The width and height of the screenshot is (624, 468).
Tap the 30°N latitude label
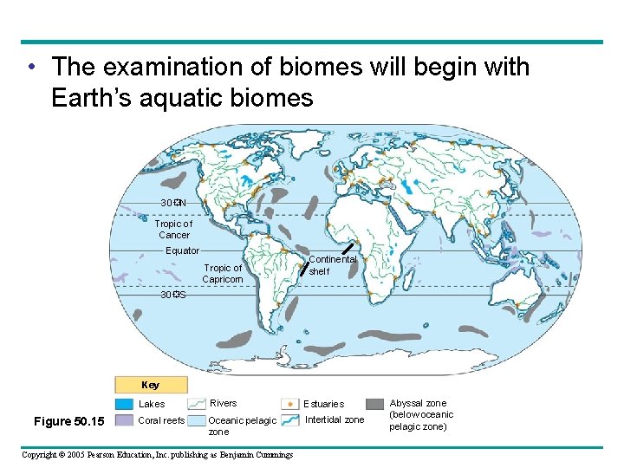(173, 203)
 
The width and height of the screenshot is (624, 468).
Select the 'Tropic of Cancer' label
(173, 230)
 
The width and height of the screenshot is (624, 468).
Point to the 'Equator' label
(182, 251)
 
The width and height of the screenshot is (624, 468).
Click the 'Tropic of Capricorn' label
(223, 274)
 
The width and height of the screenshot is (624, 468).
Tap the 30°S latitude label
(173, 296)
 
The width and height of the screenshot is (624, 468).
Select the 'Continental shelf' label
(332, 265)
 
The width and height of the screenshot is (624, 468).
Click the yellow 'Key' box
(151, 385)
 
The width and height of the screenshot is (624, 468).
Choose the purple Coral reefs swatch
(123, 421)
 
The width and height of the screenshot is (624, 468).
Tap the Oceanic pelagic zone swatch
(197, 421)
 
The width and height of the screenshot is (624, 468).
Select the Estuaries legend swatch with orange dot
(289, 404)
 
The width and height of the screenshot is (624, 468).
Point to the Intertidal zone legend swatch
(289, 421)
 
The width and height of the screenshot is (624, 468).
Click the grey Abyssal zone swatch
(374, 404)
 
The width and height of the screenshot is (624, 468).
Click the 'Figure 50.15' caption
(68, 421)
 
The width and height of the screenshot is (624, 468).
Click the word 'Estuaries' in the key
(324, 404)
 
